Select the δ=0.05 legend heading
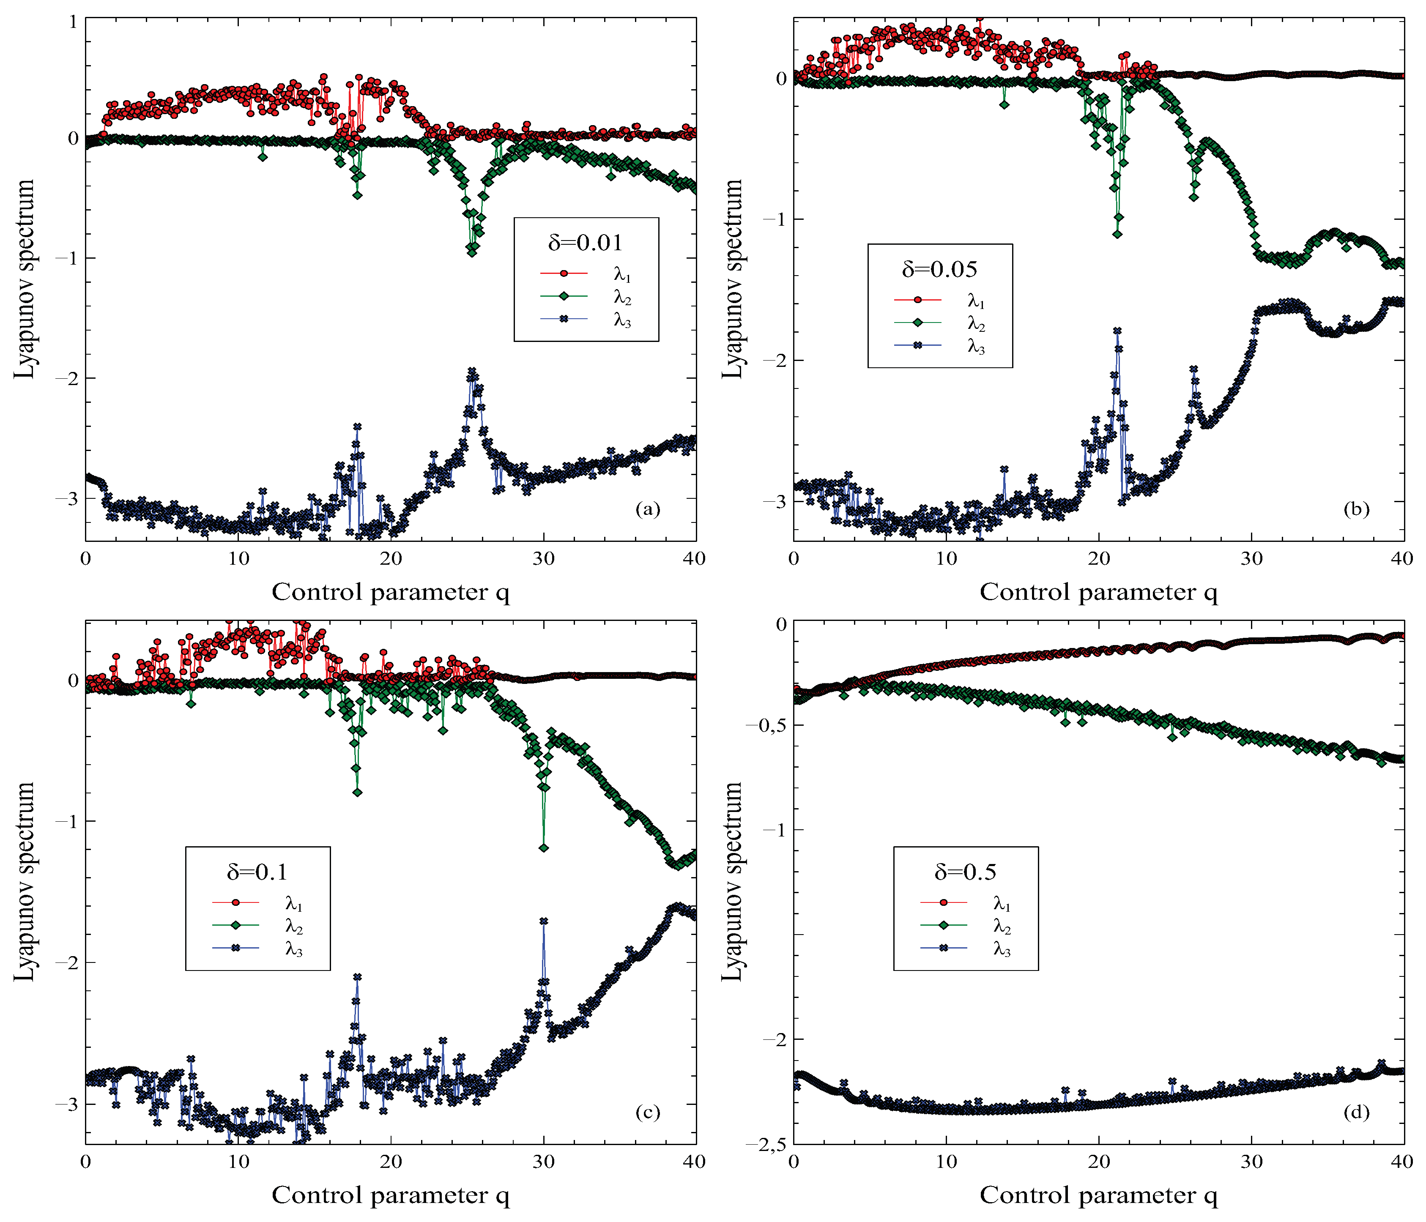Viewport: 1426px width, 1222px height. click(x=939, y=269)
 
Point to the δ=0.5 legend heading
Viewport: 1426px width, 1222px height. click(x=965, y=872)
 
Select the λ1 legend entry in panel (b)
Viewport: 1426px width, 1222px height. click(x=976, y=300)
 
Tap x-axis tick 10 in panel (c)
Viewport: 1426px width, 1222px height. click(x=238, y=1162)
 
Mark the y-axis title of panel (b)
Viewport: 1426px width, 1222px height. click(x=734, y=279)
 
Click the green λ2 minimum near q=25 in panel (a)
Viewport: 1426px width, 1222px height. click(x=471, y=252)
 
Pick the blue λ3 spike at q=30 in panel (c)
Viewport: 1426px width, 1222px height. click(x=544, y=921)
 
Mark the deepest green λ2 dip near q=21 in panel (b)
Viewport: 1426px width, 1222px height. click(x=1117, y=234)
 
